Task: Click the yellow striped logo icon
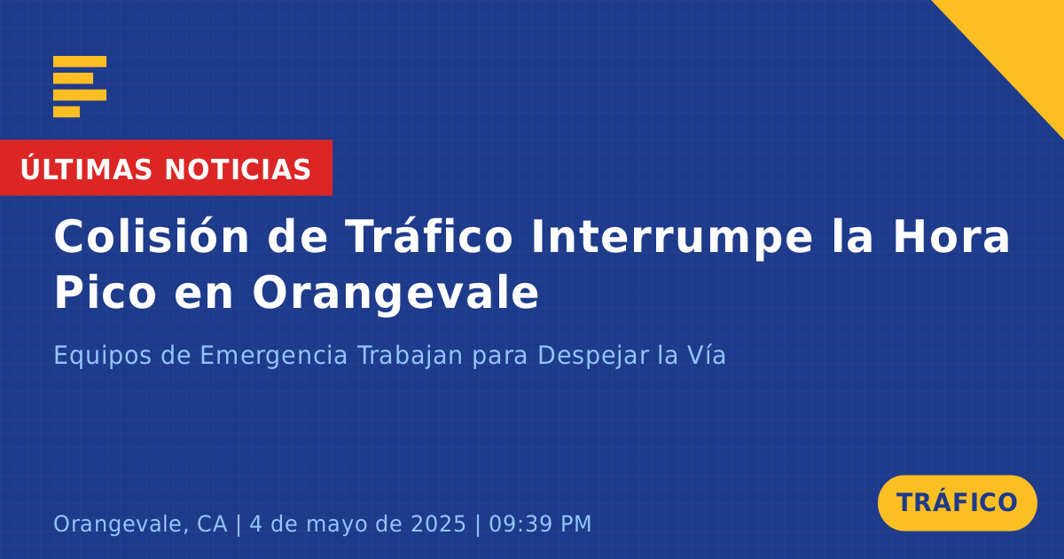click(x=80, y=87)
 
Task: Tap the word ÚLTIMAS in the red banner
click(x=86, y=168)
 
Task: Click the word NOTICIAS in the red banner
click(x=238, y=169)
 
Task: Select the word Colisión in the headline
click(x=151, y=236)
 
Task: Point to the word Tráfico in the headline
click(x=428, y=236)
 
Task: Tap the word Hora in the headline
click(x=951, y=237)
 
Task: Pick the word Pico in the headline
click(x=105, y=292)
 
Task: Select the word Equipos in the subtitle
click(x=102, y=356)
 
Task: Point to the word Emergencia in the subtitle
click(x=274, y=356)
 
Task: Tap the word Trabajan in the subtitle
click(x=410, y=355)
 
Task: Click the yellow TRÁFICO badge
click(x=957, y=503)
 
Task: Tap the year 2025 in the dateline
click(x=438, y=524)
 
